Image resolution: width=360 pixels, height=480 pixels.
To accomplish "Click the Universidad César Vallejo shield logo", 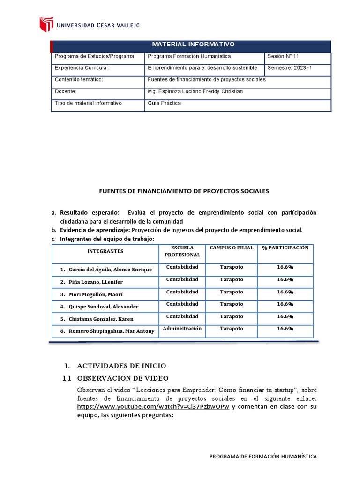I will coord(46,25).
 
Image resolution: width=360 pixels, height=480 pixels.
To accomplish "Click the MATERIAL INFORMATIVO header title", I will coord(193,45).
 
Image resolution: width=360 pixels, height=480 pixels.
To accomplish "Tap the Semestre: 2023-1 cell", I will coord(289,68).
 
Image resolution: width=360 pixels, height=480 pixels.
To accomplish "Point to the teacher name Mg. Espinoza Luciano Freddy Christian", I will coord(195,91).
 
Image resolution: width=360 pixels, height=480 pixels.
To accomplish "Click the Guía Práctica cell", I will coord(164,103).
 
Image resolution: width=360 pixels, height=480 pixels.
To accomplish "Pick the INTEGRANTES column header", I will coord(105,251).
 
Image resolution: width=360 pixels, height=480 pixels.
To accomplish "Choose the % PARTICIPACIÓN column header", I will coord(285,247).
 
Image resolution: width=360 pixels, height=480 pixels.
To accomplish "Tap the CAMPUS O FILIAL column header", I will coord(231,247).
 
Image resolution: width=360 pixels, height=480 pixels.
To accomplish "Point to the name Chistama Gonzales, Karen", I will coord(101,319).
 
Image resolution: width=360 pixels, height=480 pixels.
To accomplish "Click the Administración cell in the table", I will coord(182,328).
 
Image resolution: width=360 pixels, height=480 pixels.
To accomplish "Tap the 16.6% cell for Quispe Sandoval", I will coord(285,304).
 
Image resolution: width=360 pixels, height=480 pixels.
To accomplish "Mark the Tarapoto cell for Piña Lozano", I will coord(231,279).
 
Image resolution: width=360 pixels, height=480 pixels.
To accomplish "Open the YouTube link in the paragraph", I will coord(153,406).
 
